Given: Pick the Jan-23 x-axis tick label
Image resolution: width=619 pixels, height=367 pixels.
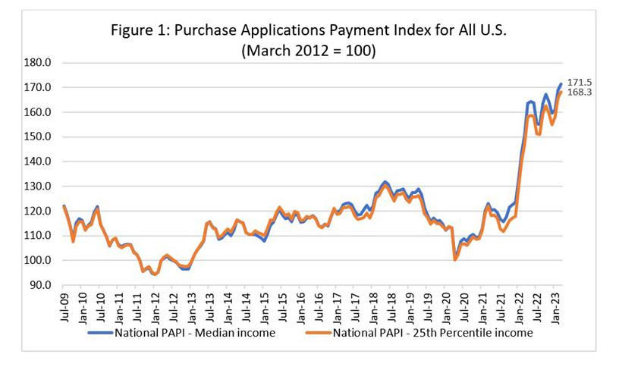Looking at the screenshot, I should pos(556,307).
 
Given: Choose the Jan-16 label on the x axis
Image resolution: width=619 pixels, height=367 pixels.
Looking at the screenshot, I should pos(301,307).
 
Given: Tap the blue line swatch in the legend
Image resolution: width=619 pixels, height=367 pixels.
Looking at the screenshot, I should pos(99,332).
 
